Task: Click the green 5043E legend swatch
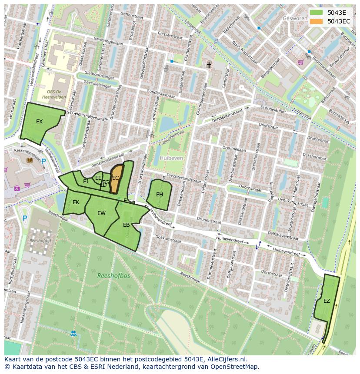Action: pyautogui.click(x=316, y=12)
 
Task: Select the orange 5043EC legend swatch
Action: pyautogui.click(x=316, y=21)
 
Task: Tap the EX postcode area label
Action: pyautogui.click(x=40, y=122)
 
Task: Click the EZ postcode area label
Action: pyautogui.click(x=327, y=301)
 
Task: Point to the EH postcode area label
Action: pyautogui.click(x=160, y=195)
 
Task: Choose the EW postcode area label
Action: pyautogui.click(x=101, y=213)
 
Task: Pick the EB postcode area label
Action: pyautogui.click(x=126, y=225)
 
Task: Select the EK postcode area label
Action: pyautogui.click(x=76, y=202)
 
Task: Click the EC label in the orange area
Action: pyautogui.click(x=116, y=178)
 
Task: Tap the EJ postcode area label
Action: pyautogui.click(x=86, y=181)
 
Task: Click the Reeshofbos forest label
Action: pyautogui.click(x=113, y=275)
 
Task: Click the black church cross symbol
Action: pyautogui.click(x=209, y=65)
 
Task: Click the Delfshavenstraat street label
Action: pyautogui.click(x=283, y=235)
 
